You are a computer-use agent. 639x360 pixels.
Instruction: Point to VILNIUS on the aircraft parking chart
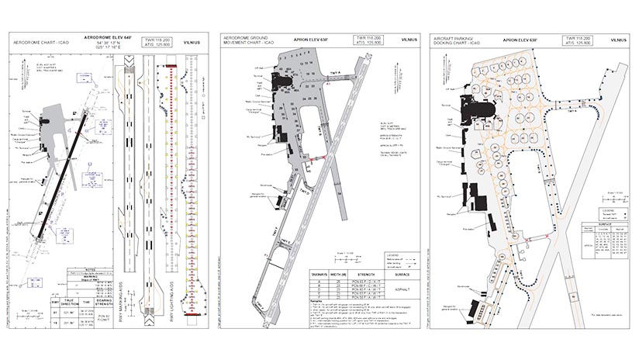click(619, 38)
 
